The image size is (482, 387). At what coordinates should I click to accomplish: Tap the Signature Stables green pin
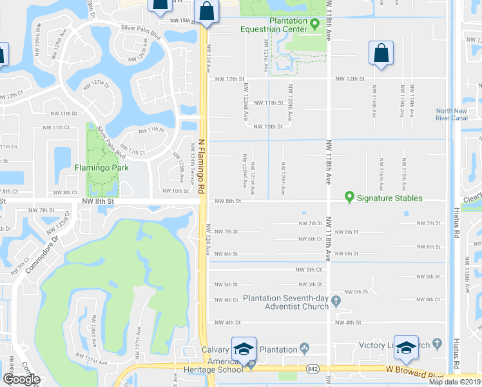[350, 197]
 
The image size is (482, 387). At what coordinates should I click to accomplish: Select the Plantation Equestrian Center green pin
[314, 25]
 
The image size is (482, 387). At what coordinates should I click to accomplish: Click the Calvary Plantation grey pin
[305, 349]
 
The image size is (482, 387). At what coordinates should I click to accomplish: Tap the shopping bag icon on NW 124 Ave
[206, 12]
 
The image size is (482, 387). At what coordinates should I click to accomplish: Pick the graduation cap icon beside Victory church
[406, 348]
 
